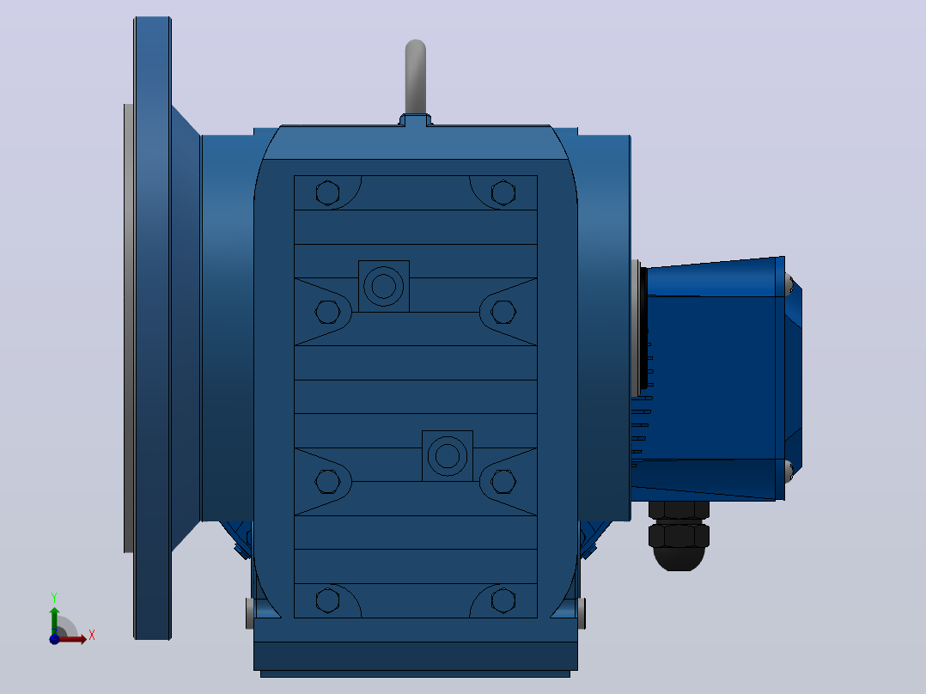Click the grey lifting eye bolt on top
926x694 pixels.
pos(416,77)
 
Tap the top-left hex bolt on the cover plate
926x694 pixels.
pos(328,192)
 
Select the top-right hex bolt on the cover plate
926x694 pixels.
pos(503,192)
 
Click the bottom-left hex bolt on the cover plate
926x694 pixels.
pos(328,600)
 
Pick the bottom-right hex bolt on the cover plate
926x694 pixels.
pos(503,600)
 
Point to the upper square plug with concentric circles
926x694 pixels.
pos(384,287)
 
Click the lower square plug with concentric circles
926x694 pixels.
pos(447,456)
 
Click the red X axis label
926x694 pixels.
pos(92,636)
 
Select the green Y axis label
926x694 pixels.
pos(54,598)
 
